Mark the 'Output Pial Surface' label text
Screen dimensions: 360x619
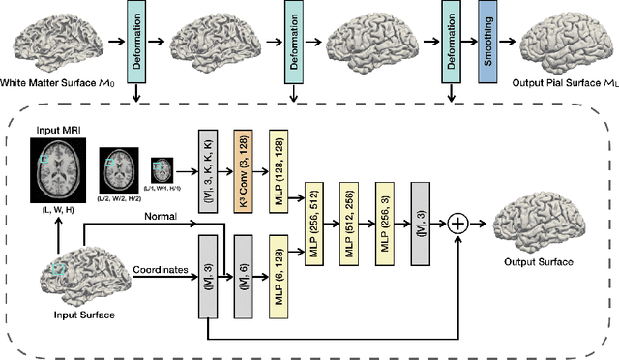564,85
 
